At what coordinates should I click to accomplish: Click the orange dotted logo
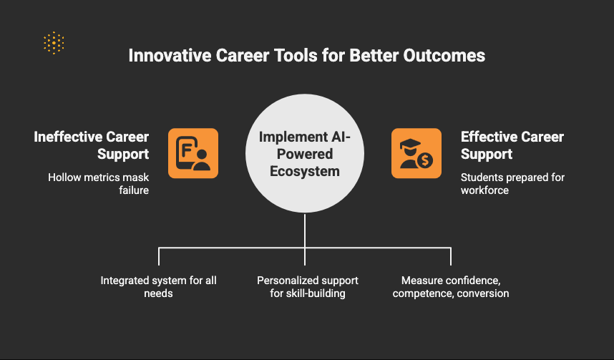point(54,43)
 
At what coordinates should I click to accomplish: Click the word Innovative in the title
point(170,56)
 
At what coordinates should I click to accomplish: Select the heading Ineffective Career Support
point(91,145)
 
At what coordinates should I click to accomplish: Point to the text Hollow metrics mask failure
point(98,184)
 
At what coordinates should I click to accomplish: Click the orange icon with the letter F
point(193,153)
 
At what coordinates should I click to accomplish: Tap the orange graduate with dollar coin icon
point(416,153)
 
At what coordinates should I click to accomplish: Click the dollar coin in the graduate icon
point(425,160)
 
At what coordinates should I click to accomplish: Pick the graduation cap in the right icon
point(410,144)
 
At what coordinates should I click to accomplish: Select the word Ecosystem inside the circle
point(305,171)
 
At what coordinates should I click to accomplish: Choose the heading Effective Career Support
point(512,145)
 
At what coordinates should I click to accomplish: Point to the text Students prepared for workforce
point(512,184)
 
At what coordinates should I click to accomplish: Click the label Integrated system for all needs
point(159,287)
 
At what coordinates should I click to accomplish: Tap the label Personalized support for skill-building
point(308,287)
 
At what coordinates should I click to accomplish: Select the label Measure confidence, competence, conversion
point(451,287)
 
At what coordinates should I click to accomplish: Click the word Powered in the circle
point(305,154)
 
